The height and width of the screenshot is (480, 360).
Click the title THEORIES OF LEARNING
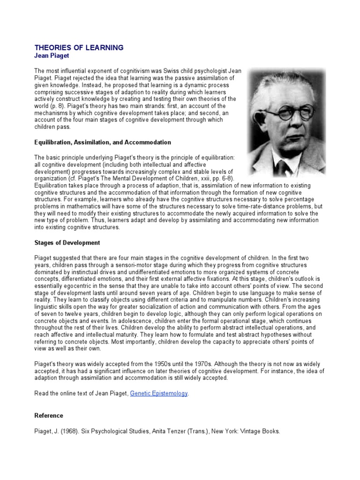79,48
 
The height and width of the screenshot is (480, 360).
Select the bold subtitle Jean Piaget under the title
52,55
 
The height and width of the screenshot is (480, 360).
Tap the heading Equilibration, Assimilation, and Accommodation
103,142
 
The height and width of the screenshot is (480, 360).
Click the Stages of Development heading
67,243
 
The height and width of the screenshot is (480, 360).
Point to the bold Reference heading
49,416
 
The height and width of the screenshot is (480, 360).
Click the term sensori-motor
114,264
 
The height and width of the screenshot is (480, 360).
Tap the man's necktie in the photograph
285,166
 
